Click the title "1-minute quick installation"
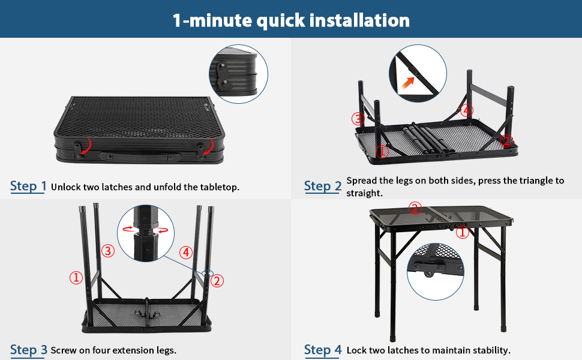point(291,20)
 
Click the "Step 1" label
point(28,186)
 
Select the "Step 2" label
point(322,186)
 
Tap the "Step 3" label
point(28,350)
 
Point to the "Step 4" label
point(322,350)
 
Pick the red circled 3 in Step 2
point(358,119)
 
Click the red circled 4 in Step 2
point(467,110)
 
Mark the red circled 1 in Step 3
point(76,278)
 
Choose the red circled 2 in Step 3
point(217,280)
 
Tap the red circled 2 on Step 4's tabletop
point(414,208)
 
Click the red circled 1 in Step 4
point(462,233)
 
